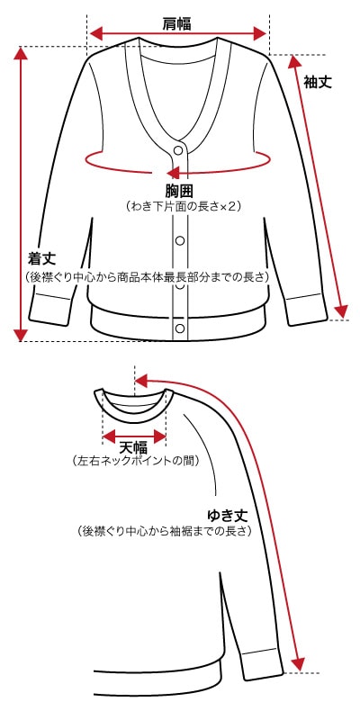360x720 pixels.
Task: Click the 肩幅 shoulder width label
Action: click(176, 23)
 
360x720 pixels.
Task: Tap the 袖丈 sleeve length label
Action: click(318, 82)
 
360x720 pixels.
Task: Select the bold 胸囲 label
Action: click(179, 191)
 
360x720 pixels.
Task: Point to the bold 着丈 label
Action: click(41, 259)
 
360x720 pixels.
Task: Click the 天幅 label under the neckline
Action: click(133, 446)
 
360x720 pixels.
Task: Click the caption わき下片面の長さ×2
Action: click(184, 207)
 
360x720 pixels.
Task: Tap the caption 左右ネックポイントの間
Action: click(136, 461)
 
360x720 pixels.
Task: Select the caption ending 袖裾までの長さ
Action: click(166, 532)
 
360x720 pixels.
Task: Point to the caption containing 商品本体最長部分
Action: click(147, 277)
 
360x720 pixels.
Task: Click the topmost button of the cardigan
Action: click(178, 150)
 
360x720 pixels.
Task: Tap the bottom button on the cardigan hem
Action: click(180, 328)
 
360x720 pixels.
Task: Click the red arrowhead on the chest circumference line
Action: click(173, 173)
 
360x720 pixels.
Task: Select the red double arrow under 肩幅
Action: click(178, 33)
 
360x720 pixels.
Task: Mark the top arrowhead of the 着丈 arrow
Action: click(21, 53)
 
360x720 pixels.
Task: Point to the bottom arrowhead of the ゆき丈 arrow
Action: click(299, 663)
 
